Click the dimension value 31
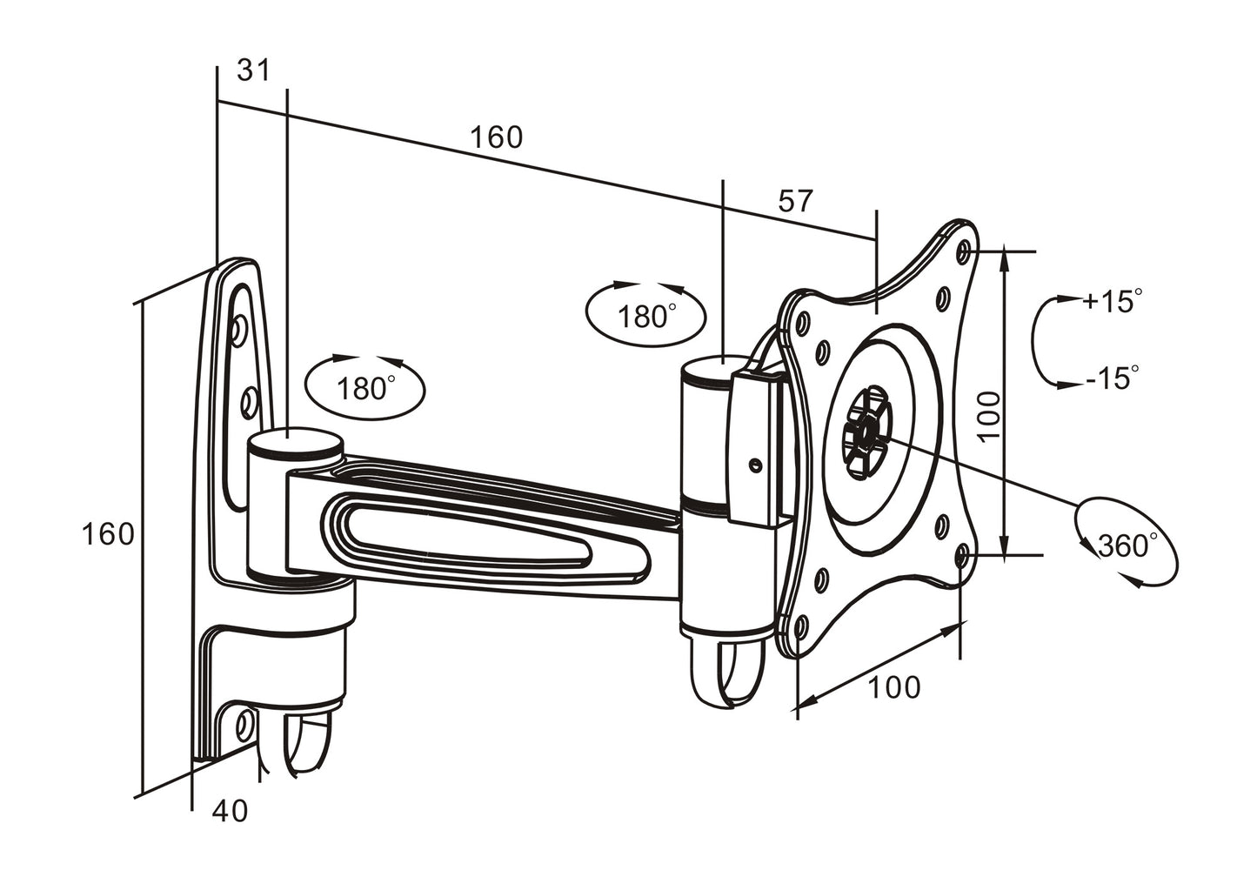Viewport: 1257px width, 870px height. coord(254,70)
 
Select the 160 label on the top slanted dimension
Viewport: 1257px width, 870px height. coord(497,137)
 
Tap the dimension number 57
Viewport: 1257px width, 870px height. coord(794,202)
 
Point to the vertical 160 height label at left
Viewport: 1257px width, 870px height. coord(109,534)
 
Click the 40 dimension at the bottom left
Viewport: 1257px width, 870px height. coord(230,811)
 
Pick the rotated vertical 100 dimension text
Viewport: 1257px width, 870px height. coord(989,415)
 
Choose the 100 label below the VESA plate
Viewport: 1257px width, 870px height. coord(893,687)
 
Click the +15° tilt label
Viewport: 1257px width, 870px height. coord(1111,302)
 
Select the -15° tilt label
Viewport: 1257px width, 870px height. coord(1112,378)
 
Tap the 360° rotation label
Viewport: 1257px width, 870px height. coord(1127,546)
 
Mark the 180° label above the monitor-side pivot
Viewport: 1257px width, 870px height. coord(646,317)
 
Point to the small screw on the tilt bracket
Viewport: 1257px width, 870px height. coord(755,464)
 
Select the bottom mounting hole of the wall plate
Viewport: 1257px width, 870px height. coord(244,722)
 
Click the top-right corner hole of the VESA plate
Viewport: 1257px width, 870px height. coord(962,252)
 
